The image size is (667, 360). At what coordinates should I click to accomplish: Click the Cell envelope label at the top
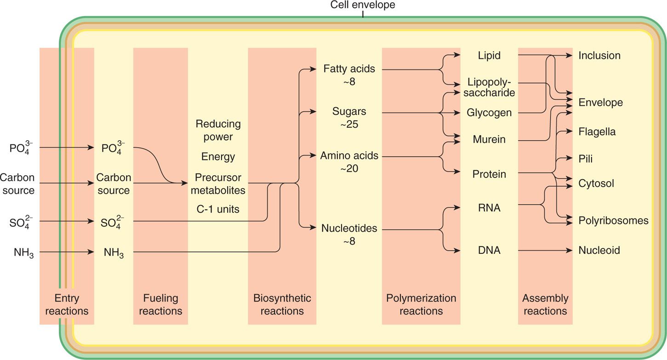click(363, 5)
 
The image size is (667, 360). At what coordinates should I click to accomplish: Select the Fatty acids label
click(349, 69)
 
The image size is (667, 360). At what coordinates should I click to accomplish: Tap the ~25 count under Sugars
click(349, 124)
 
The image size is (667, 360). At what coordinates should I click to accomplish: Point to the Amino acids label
click(349, 156)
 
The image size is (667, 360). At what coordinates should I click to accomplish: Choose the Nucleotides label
click(349, 228)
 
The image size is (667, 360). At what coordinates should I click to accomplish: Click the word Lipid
click(489, 56)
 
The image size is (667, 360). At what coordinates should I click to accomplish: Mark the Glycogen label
click(489, 113)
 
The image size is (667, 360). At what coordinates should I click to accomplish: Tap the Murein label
click(489, 139)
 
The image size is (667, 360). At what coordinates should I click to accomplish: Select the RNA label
click(489, 208)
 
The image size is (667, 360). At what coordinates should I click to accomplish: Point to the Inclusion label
click(599, 56)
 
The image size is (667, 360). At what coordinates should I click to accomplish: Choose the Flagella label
click(597, 132)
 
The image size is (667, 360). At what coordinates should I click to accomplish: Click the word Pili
click(586, 159)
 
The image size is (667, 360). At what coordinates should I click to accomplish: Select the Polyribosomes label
click(613, 220)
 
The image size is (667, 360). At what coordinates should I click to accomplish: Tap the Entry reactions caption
click(67, 304)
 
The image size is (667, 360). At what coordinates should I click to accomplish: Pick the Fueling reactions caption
click(160, 304)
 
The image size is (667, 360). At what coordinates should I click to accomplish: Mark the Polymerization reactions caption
click(421, 304)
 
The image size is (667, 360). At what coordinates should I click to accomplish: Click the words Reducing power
click(218, 130)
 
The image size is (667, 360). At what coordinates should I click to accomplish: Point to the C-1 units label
click(218, 209)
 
